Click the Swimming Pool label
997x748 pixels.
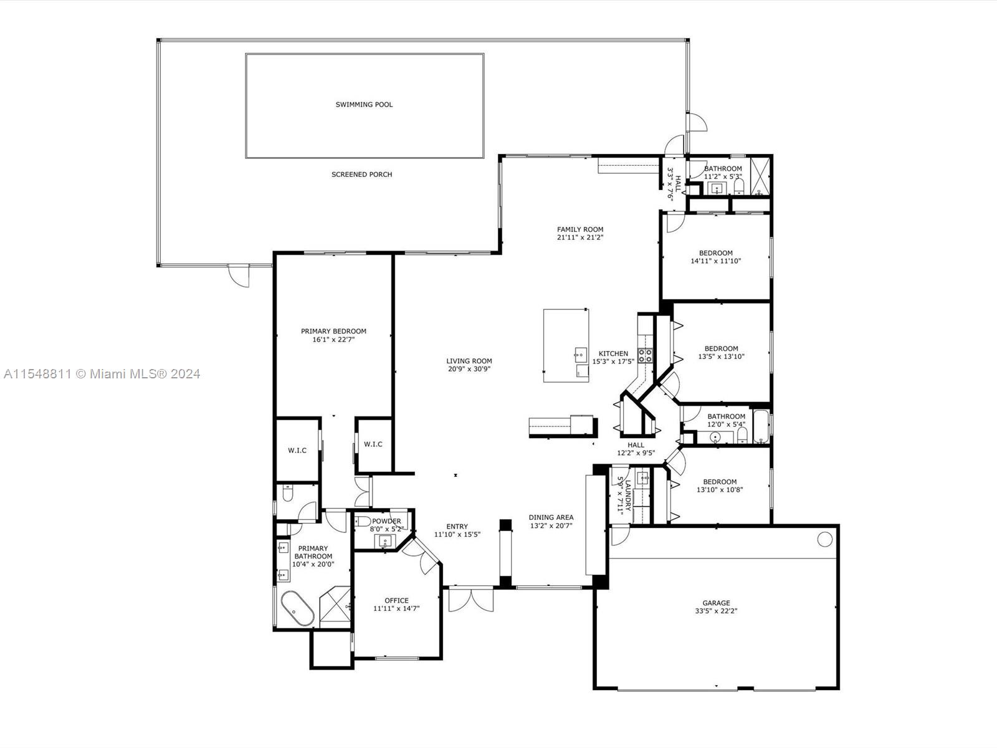click(x=364, y=105)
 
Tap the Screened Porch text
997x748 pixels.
click(x=361, y=175)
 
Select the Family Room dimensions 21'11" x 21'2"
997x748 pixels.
click(x=580, y=237)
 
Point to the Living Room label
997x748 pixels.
click(x=469, y=361)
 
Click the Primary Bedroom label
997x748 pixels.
click(x=333, y=331)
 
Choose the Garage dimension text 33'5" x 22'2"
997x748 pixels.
click(x=717, y=611)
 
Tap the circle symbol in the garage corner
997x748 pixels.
click(x=825, y=539)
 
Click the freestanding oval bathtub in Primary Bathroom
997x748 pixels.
click(x=297, y=608)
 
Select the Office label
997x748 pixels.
click(x=396, y=600)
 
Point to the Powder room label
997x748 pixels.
click(x=386, y=521)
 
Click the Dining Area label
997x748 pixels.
click(x=551, y=517)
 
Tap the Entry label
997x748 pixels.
click(x=457, y=526)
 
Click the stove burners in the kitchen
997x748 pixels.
click(x=646, y=355)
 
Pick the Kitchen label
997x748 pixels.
click(x=613, y=353)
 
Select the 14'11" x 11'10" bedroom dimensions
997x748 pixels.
click(x=716, y=261)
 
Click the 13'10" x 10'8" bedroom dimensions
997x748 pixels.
click(x=720, y=489)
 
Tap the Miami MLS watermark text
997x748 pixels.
click(x=102, y=374)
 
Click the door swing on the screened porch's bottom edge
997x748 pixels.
click(x=239, y=276)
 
